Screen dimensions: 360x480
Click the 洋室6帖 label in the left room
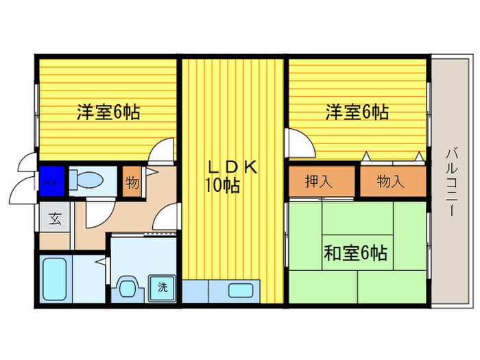[108, 112]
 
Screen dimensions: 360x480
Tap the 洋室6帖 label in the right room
[357, 112]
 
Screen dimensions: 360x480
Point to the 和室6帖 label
[355, 254]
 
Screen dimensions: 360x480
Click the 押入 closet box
[320, 182]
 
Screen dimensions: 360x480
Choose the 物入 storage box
[391, 182]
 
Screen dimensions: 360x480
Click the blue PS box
[50, 182]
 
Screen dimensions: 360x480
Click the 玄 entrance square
[54, 220]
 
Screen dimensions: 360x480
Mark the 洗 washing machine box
[163, 288]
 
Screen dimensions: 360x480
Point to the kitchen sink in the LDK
[240, 291]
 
